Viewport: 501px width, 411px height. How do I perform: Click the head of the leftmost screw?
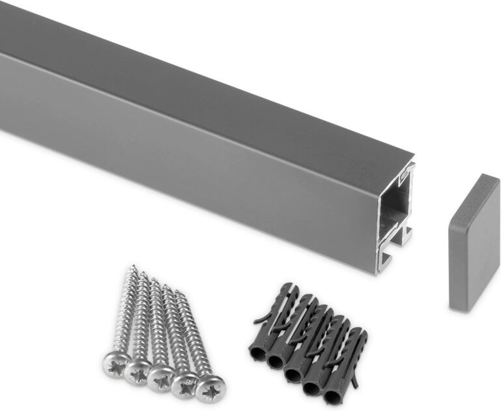click(115, 362)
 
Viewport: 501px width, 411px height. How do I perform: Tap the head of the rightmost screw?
click(210, 388)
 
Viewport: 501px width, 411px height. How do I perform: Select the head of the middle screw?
click(160, 378)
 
